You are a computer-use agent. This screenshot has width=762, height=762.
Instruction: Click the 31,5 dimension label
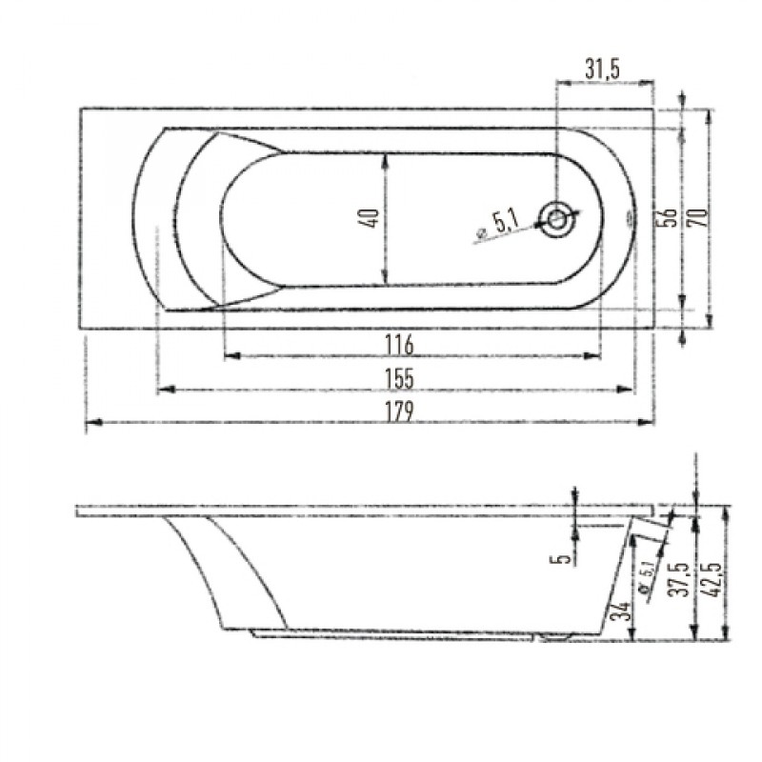pyautogui.click(x=602, y=70)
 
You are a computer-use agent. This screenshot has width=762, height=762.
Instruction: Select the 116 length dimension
pyautogui.click(x=399, y=345)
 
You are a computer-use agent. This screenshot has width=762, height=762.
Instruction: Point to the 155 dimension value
pyautogui.click(x=399, y=378)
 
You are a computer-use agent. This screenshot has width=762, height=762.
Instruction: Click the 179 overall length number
pyautogui.click(x=399, y=411)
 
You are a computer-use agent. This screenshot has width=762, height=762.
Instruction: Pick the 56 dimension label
pyautogui.click(x=670, y=217)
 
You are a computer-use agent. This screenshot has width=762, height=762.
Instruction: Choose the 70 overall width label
pyautogui.click(x=698, y=217)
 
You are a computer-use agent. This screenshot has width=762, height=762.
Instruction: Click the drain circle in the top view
pyautogui.click(x=557, y=220)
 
